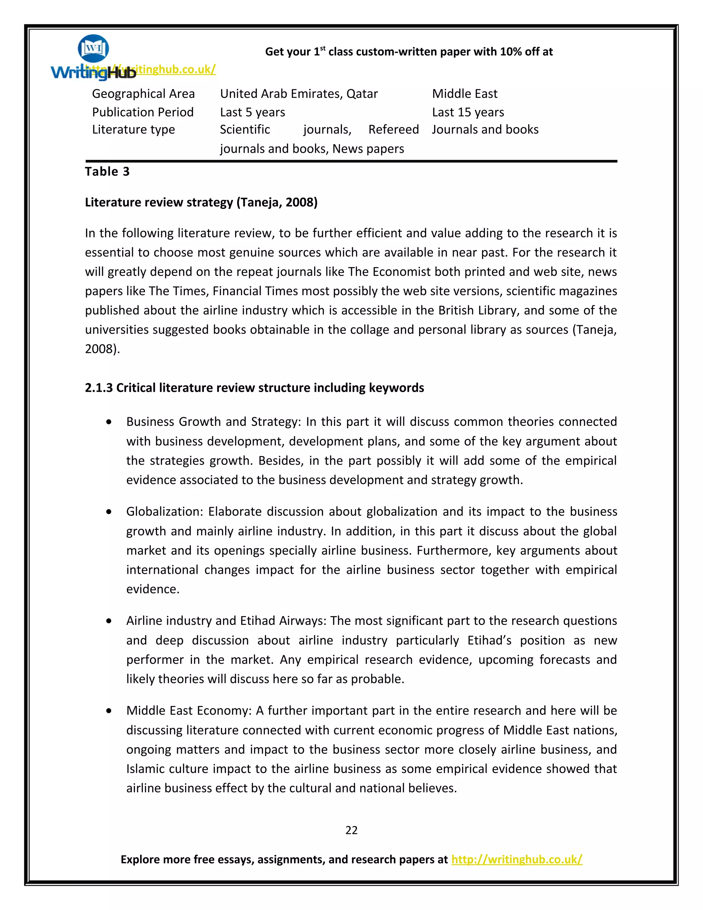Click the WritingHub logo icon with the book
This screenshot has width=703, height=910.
coord(93,48)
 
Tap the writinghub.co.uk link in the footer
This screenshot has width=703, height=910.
coord(516,859)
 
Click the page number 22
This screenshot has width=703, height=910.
coord(351,830)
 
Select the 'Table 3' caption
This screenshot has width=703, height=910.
coord(107,171)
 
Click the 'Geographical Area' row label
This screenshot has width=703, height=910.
coord(143,94)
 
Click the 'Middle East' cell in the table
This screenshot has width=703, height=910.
coord(464,94)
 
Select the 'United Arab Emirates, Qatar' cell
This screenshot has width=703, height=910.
coord(299,94)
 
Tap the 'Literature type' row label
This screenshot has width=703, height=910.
coord(133,129)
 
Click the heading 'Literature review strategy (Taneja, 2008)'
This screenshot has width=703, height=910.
coord(201,202)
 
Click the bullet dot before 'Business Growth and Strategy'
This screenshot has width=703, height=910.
coord(109,422)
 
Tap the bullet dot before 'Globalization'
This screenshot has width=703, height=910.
coord(109,512)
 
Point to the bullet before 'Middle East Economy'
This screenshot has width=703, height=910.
coord(109,711)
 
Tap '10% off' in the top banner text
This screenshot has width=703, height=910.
coord(520,52)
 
